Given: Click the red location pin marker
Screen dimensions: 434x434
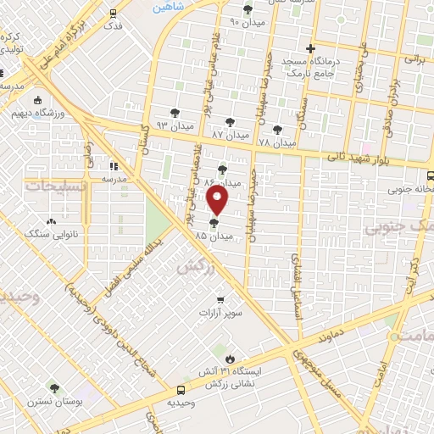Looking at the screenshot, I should pyautogui.click(x=218, y=201).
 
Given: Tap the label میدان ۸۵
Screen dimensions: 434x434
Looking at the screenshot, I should pyautogui.click(x=213, y=236).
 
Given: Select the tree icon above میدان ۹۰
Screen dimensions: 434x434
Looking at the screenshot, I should pyautogui.click(x=248, y=9).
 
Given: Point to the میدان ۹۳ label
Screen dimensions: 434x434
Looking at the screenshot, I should pyautogui.click(x=176, y=125).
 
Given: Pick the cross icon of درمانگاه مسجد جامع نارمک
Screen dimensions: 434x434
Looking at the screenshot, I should pyautogui.click(x=311, y=48).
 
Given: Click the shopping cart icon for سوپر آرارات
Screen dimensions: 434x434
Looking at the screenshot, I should pyautogui.click(x=220, y=299).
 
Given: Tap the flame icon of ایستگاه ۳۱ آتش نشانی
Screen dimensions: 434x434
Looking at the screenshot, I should pyautogui.click(x=231, y=358).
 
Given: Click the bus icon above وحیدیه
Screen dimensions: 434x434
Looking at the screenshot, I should pyautogui.click(x=181, y=391).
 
